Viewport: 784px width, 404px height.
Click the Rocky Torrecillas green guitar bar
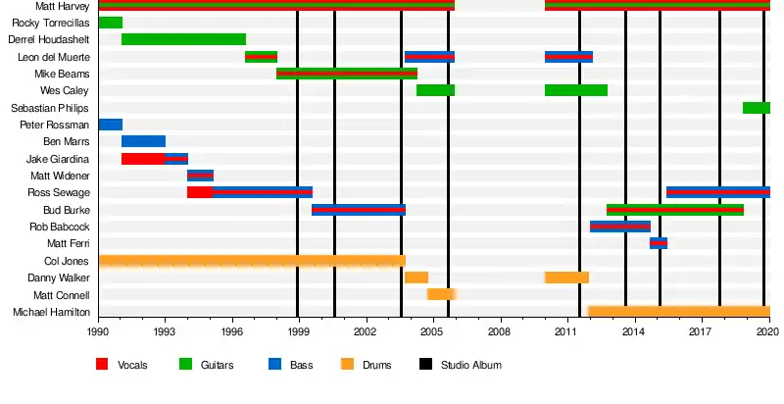pos(111,23)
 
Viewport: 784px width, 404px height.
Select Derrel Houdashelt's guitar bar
pos(183,39)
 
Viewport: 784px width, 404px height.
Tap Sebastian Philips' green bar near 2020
pos(756,108)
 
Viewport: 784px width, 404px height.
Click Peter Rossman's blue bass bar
pos(111,125)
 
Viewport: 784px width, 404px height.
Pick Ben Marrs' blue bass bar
pos(143,141)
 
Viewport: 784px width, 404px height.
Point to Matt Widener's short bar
pos(200,176)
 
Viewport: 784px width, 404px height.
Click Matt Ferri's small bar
pos(659,243)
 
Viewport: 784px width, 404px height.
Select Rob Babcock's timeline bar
pos(620,227)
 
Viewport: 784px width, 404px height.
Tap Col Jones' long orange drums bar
pos(252,261)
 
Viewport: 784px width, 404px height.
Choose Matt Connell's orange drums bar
pos(441,294)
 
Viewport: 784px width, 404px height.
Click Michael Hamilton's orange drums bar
pos(678,312)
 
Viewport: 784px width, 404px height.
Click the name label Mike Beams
pos(62,74)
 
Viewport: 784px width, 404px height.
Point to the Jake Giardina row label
pos(58,159)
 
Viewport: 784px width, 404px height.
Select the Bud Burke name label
pos(67,210)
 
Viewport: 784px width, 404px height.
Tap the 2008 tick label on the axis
pos(501,332)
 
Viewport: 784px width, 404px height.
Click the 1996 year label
pos(232,332)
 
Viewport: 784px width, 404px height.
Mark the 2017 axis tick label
pos(702,332)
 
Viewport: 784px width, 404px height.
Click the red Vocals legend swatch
pos(102,365)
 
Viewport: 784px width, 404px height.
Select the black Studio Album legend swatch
pos(425,365)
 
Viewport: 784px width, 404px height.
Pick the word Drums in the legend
pos(376,366)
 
